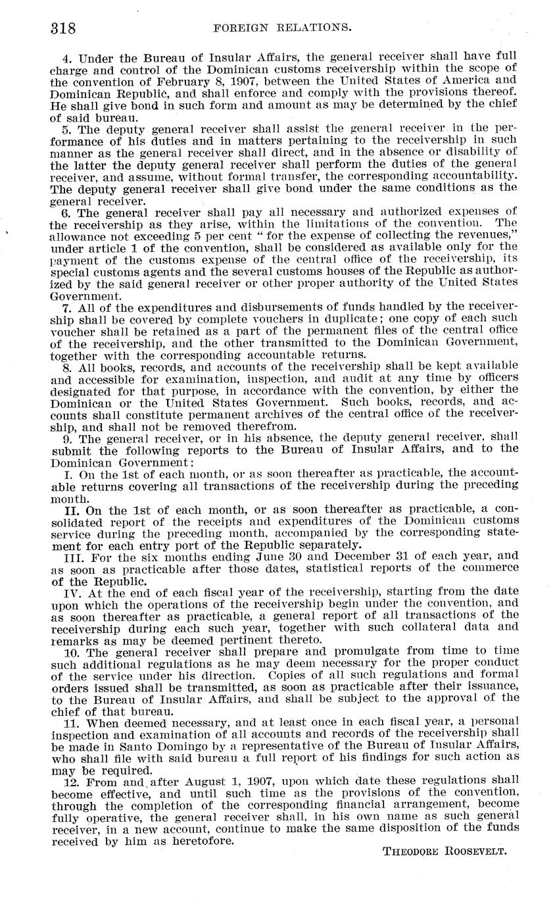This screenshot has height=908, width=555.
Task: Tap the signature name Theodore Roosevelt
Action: click(445, 851)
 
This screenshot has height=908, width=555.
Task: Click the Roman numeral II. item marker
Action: click(72, 510)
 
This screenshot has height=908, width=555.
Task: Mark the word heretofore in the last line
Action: click(201, 840)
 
